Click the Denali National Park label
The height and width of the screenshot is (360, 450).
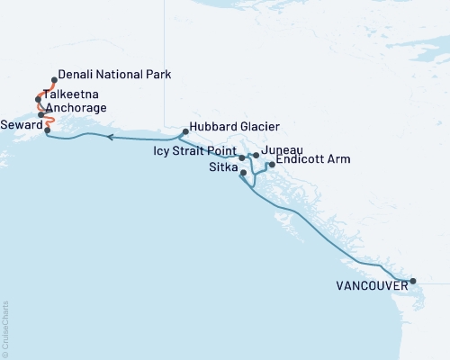point(113,74)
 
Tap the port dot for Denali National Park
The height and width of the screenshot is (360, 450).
point(55,79)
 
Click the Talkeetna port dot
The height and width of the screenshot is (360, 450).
point(39,98)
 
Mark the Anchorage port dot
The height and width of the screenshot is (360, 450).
point(42,114)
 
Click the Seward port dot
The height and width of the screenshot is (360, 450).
point(47,130)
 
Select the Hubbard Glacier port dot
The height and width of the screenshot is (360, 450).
point(185,132)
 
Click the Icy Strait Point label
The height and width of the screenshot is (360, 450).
point(194,151)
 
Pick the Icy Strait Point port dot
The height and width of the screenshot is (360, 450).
point(242,157)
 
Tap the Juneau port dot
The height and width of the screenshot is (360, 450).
point(256,156)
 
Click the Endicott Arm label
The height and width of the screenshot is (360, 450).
point(312,159)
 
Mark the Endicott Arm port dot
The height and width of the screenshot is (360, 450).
point(272,165)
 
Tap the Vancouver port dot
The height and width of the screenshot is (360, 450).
point(413,282)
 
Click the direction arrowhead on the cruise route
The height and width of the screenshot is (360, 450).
point(110,138)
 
